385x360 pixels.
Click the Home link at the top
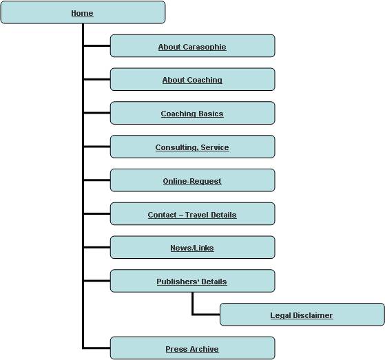[82, 13]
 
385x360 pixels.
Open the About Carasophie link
[192, 47]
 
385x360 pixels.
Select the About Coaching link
[192, 80]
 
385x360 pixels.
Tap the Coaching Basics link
[192, 114]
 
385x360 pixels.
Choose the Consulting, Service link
[192, 147]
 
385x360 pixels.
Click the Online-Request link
[192, 181]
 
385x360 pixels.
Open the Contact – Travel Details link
[192, 215]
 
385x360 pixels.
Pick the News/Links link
[192, 248]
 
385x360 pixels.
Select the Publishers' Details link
[191, 282]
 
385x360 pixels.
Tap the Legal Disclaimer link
[302, 315]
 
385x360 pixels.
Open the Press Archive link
[192, 349]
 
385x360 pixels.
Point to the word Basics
[211, 114]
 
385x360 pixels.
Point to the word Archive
[205, 349]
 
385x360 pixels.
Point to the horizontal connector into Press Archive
[96, 348]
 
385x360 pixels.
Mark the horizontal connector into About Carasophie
[96, 45]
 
